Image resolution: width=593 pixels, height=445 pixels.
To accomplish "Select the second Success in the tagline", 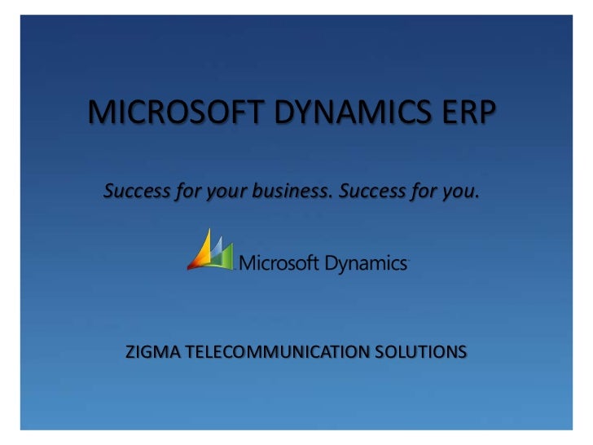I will point(372,192).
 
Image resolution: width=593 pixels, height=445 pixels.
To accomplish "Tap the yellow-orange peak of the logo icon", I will point(203,249).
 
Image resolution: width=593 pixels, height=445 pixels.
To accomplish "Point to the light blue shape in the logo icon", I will point(217,246).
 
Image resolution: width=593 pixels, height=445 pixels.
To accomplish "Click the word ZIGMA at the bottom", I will point(153,352).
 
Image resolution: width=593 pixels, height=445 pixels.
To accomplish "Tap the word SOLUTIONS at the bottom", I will point(421,352).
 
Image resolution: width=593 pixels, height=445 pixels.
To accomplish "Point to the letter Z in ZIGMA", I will point(130,352).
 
